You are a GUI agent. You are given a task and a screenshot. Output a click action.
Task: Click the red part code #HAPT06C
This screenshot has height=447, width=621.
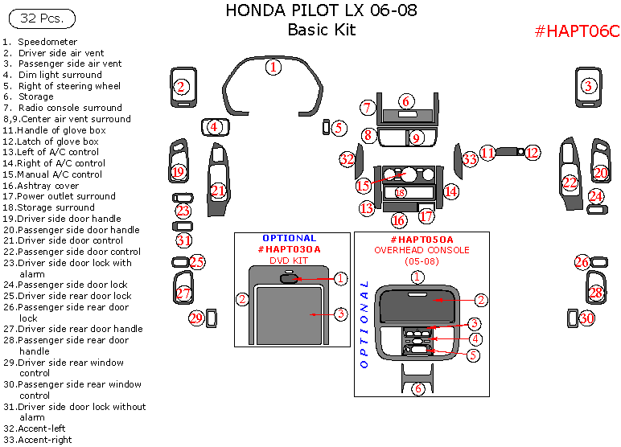(x=577, y=31)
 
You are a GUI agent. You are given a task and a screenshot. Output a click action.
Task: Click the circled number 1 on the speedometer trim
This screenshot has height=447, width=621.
(x=273, y=68)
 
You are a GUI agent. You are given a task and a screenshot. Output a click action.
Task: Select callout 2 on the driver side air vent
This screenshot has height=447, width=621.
(x=182, y=87)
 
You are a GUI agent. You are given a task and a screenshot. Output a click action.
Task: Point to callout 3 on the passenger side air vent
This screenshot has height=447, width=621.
(x=588, y=86)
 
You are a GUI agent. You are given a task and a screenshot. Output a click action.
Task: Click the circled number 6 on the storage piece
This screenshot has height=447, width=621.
(x=407, y=101)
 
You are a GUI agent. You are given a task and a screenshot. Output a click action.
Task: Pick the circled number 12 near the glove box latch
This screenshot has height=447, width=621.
(x=532, y=152)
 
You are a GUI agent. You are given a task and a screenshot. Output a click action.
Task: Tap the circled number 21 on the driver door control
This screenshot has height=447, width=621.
(x=218, y=191)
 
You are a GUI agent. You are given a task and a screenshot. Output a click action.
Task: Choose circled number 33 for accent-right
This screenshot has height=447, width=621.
(x=470, y=160)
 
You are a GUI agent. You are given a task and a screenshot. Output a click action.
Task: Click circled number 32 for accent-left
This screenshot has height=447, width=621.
(x=348, y=160)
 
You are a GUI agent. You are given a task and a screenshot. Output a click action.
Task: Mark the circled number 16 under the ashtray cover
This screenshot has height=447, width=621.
(x=399, y=220)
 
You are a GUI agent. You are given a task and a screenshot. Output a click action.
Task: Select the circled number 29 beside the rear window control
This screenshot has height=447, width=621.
(x=196, y=318)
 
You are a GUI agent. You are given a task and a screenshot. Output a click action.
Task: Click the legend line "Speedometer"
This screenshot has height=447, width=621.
(x=47, y=42)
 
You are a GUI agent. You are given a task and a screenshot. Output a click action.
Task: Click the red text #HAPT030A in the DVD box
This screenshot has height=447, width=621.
(x=289, y=249)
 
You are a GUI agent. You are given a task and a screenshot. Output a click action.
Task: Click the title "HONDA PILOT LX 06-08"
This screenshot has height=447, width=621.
(x=321, y=11)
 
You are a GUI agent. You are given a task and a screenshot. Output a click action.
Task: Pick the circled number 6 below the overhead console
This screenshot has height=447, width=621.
(x=417, y=389)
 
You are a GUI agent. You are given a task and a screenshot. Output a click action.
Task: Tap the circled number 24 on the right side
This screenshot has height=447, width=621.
(x=595, y=196)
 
